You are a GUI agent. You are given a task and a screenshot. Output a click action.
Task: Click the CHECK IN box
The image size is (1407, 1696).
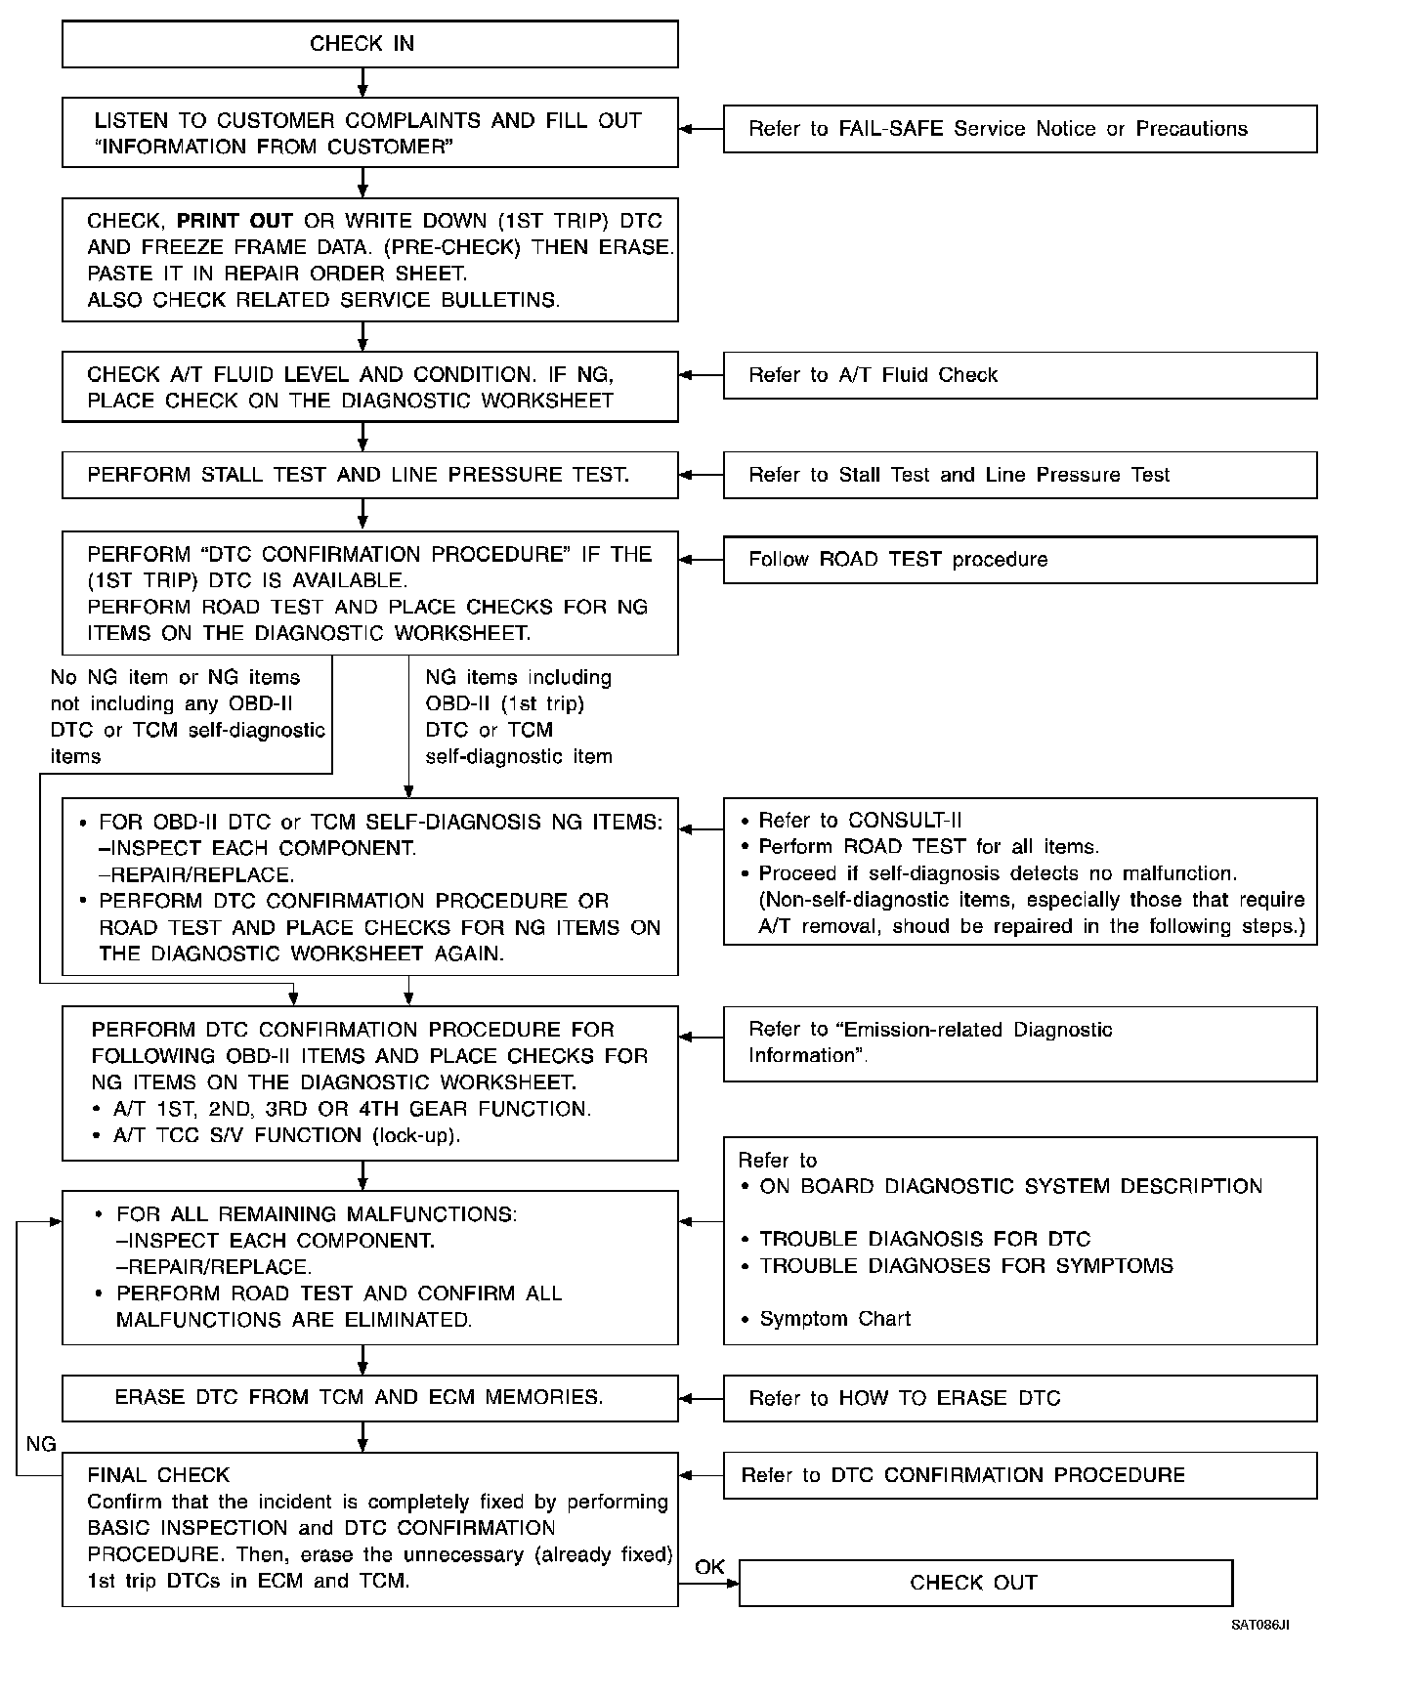(369, 45)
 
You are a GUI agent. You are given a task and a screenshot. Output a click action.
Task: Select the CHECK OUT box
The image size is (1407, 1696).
(985, 1583)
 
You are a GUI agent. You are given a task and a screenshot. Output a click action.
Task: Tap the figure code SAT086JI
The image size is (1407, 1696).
(1259, 1626)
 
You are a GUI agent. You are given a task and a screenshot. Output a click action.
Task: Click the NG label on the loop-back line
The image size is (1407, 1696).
(41, 1444)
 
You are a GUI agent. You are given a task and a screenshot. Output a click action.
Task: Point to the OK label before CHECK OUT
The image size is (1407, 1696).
(709, 1567)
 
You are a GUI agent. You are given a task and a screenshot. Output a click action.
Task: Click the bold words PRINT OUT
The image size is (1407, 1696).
(234, 221)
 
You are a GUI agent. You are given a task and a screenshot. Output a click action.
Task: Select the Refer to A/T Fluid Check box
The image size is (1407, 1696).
(1019, 375)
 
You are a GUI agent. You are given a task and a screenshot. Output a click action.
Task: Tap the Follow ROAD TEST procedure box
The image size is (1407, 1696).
(1019, 560)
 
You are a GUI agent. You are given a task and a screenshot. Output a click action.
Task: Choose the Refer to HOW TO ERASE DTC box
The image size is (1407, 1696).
(1019, 1398)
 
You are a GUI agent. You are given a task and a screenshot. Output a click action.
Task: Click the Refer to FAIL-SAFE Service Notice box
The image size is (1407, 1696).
(1019, 129)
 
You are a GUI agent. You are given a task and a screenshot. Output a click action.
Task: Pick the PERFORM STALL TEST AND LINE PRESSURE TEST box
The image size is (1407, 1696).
(369, 475)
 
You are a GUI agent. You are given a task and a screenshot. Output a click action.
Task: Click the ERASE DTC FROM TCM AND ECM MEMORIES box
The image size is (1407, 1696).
(369, 1397)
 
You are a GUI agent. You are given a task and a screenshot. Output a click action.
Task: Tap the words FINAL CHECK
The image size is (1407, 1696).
(158, 1475)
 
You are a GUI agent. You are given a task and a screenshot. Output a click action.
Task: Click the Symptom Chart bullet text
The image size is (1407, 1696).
(834, 1319)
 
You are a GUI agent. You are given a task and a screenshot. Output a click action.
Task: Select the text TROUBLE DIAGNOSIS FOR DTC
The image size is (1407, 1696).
(924, 1239)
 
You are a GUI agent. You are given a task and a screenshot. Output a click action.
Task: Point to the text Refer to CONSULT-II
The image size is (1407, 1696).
(860, 821)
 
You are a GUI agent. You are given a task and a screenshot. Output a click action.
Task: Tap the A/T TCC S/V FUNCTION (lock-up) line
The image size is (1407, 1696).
(286, 1135)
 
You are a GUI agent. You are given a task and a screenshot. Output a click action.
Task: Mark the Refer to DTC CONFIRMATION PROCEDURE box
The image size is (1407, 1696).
(1019, 1475)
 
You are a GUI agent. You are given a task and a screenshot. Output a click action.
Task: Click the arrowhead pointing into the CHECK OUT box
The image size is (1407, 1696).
(732, 1583)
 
